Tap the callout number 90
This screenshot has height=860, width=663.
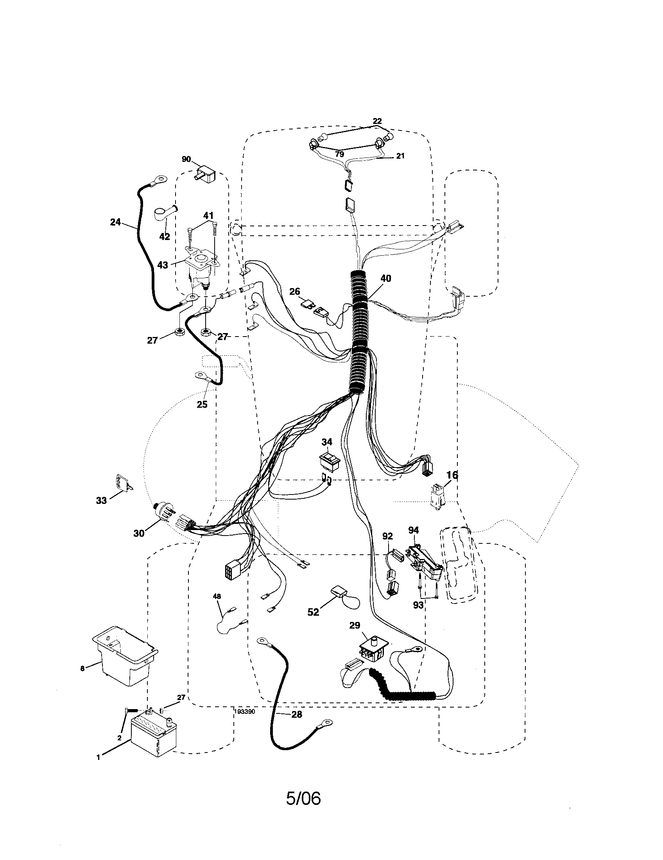186,159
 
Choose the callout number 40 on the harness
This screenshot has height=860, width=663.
386,278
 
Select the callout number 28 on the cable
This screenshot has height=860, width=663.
296,714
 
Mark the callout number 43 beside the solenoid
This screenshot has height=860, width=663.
163,265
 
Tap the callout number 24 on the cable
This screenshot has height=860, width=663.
115,222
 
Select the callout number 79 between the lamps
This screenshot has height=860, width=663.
339,154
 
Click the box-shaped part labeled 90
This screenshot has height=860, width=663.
207,174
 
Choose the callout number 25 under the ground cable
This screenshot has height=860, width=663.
202,405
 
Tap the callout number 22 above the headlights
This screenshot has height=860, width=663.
377,121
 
